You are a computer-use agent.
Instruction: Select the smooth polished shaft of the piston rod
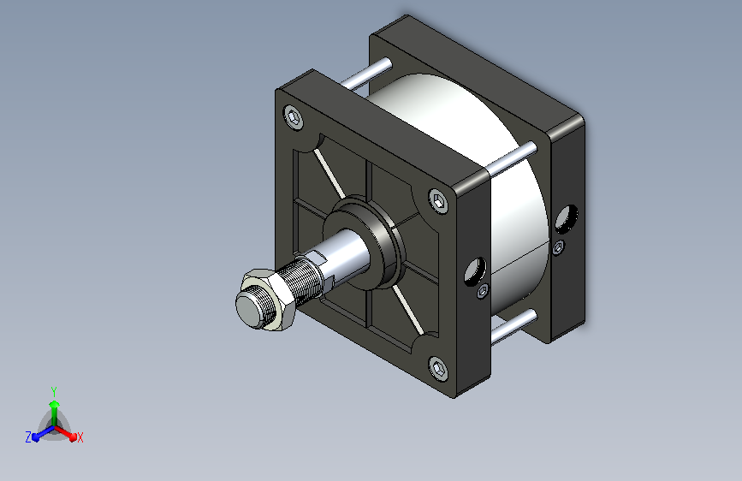tap(345, 256)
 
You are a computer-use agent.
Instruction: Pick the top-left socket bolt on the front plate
tap(294, 116)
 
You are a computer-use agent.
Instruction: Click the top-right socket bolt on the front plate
tap(439, 201)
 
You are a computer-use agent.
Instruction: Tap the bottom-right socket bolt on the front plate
tap(439, 368)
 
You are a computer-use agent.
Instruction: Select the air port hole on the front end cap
tap(475, 272)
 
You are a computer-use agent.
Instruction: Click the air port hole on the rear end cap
tap(567, 219)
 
